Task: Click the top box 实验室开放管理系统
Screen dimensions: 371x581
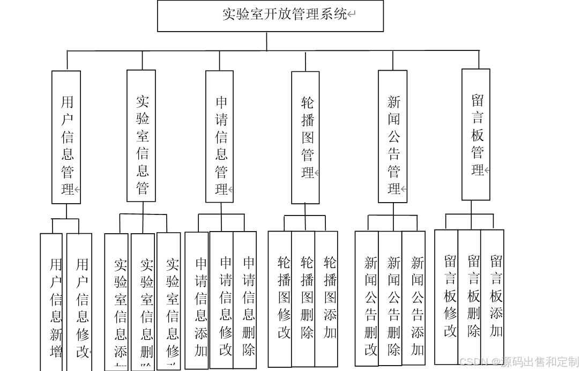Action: pyautogui.click(x=270, y=16)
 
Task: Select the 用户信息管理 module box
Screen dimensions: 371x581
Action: pyautogui.click(x=66, y=137)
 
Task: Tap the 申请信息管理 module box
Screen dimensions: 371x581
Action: pyautogui.click(x=219, y=137)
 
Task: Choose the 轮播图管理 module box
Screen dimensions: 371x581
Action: pyautogui.click(x=305, y=138)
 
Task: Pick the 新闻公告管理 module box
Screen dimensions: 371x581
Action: pyautogui.click(x=392, y=137)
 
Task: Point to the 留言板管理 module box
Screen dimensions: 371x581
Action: pyautogui.click(x=475, y=135)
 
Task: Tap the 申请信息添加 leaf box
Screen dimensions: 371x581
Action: pyautogui.click(x=197, y=300)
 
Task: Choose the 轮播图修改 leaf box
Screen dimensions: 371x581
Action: pyautogui.click(x=280, y=299)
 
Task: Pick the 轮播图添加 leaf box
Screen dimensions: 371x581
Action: pyautogui.click(x=326, y=299)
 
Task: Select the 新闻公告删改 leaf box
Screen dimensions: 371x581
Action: pyautogui.click(x=367, y=299)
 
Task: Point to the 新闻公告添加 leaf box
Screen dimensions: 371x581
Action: pyautogui.click(x=414, y=299)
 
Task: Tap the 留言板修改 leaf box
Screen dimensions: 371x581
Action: pyautogui.click(x=446, y=297)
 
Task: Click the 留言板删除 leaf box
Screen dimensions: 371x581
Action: pyautogui.click(x=470, y=297)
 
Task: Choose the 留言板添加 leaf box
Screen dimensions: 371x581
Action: pyautogui.click(x=493, y=297)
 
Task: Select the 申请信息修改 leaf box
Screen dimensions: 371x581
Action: pyautogui.click(x=221, y=300)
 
